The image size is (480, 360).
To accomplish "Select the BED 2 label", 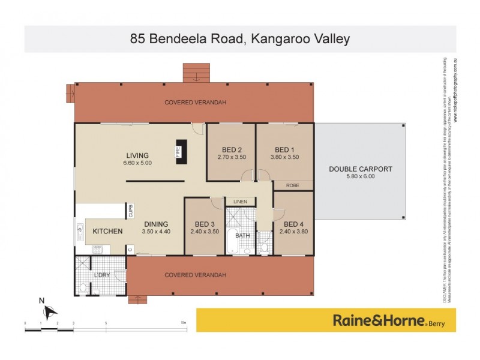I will pos(231,149).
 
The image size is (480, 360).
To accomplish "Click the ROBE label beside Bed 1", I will pos(293,186).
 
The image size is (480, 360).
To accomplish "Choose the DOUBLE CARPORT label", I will pos(360,169).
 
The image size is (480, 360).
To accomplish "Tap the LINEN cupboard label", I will pos(239,202).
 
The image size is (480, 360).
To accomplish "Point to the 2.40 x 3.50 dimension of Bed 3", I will pos(205,232).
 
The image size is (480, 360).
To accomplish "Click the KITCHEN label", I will pos(107,232).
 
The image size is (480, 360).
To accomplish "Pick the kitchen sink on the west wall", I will pos(80,230).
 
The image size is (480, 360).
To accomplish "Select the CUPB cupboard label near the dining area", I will pos(130,211).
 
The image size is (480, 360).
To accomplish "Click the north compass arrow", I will pos(50,310).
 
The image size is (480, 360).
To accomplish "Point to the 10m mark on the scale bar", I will pos(184,323).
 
